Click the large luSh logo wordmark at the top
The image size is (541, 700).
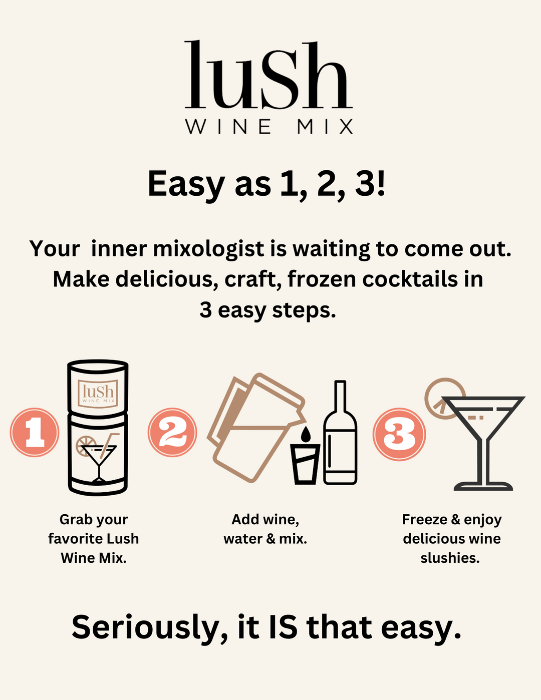coord(268,74)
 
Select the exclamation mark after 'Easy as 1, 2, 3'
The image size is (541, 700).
coord(381,183)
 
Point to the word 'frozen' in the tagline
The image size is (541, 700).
coord(322,279)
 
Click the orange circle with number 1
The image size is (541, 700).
coord(35,432)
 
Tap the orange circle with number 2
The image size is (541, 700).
coord(172,432)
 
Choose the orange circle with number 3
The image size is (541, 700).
coord(399,434)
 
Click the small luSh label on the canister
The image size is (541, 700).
coord(98,394)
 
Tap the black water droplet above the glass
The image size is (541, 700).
coord(306,434)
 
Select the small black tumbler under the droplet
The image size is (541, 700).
coord(305,464)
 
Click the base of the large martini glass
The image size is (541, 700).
coord(483,486)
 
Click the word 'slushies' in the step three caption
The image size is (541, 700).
coord(450,558)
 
